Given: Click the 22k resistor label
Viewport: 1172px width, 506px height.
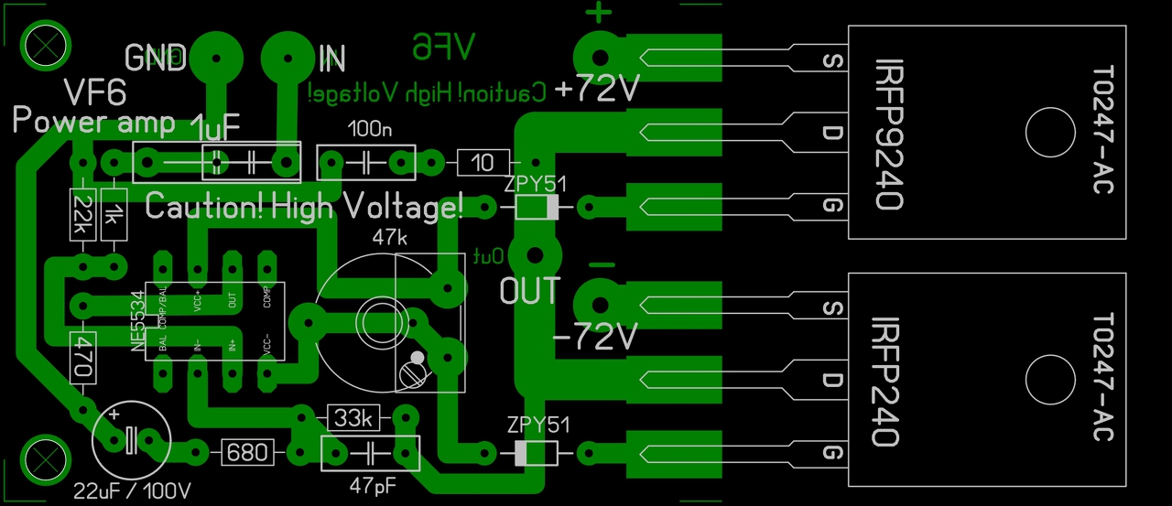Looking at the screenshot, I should (x=81, y=215).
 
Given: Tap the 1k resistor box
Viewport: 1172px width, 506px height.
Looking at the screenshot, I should (x=114, y=215).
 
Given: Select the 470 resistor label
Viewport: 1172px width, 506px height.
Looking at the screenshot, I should (x=82, y=357).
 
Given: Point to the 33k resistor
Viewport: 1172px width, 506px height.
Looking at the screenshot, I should (x=353, y=418).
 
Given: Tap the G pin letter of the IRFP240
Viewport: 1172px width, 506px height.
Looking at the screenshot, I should (x=832, y=453).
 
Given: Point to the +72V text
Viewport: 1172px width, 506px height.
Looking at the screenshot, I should (x=595, y=90).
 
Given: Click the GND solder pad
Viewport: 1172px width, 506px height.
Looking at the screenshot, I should (x=219, y=56).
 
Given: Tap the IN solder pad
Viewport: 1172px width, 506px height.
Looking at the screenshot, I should (x=285, y=58).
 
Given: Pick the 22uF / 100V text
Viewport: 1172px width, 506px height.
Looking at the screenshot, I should (x=134, y=490).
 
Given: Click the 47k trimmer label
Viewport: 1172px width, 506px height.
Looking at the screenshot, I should (x=390, y=238).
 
